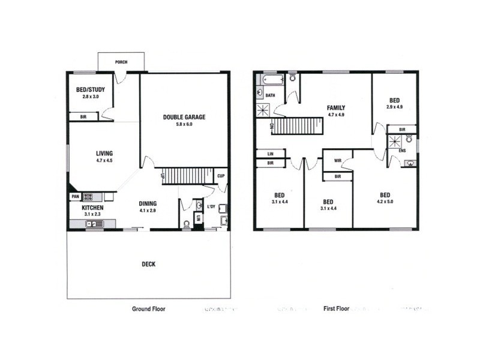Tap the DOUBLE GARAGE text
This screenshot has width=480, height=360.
click(x=184, y=117)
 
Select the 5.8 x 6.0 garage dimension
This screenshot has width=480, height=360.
click(x=184, y=125)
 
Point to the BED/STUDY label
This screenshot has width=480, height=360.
click(x=87, y=90)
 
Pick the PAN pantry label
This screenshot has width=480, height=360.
click(x=75, y=196)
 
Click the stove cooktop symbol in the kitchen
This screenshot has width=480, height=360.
click(x=88, y=196)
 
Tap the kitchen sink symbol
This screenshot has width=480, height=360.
click(x=95, y=224)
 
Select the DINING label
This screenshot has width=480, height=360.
click(x=148, y=203)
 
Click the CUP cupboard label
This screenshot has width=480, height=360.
click(x=221, y=177)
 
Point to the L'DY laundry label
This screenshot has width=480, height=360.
click(x=211, y=207)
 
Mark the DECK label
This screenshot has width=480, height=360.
click(x=148, y=263)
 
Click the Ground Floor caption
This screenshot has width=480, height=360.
click(x=148, y=309)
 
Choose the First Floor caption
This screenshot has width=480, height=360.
click(x=337, y=309)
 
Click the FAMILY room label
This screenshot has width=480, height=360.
click(x=336, y=108)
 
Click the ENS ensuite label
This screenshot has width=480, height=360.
click(x=401, y=151)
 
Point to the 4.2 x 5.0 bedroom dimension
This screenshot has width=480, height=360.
click(x=385, y=202)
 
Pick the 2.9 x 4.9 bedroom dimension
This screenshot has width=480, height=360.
click(x=394, y=107)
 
